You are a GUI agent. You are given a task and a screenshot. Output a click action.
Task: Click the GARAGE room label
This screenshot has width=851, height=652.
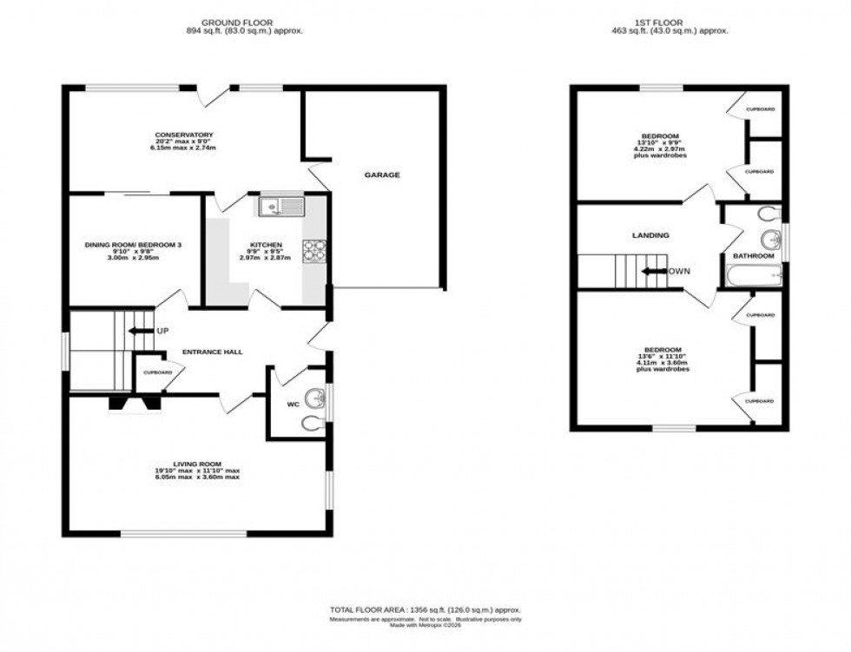[381, 175]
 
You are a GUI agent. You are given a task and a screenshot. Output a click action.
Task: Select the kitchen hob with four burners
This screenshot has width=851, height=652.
[313, 250]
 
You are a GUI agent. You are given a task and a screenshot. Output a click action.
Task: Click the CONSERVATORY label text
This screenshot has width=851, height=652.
[183, 135]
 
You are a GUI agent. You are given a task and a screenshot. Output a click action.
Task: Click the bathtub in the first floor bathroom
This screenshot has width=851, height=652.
[753, 276]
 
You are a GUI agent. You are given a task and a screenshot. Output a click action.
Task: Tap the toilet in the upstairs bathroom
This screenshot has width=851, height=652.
[768, 214]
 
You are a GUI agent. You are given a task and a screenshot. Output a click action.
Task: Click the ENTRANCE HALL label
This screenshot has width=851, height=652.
[212, 352]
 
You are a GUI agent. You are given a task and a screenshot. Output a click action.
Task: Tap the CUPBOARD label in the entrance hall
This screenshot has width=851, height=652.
[158, 372]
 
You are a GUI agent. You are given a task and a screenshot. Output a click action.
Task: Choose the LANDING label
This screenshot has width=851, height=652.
[650, 235]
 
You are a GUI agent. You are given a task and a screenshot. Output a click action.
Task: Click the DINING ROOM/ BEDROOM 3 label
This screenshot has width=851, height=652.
[133, 245]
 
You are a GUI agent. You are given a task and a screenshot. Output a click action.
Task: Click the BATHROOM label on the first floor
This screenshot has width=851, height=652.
[753, 255]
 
